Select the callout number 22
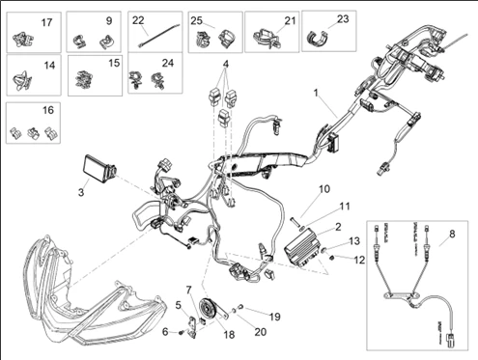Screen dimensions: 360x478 pyautogui.click(x=138, y=19)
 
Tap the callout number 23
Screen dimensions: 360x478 pyautogui.click(x=343, y=19)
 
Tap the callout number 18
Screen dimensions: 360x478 pyautogui.click(x=229, y=334)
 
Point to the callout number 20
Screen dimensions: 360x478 pyautogui.click(x=260, y=331)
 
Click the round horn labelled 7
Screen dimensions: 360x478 pyautogui.click(x=207, y=313)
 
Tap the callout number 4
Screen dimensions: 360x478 pyautogui.click(x=226, y=66)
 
